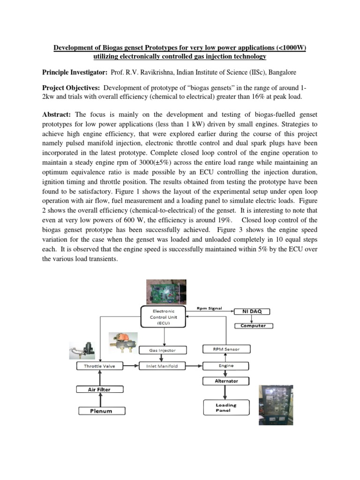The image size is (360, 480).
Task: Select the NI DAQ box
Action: coord(255,311)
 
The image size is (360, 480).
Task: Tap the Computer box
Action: coord(253,325)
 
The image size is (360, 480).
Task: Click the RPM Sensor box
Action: coord(226,349)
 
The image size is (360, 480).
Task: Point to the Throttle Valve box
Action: coord(99,366)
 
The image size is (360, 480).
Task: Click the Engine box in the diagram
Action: coord(226,365)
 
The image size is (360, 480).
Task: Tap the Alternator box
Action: coord(226,381)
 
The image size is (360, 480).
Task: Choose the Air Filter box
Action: coord(99,389)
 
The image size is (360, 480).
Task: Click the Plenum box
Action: coord(101,411)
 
